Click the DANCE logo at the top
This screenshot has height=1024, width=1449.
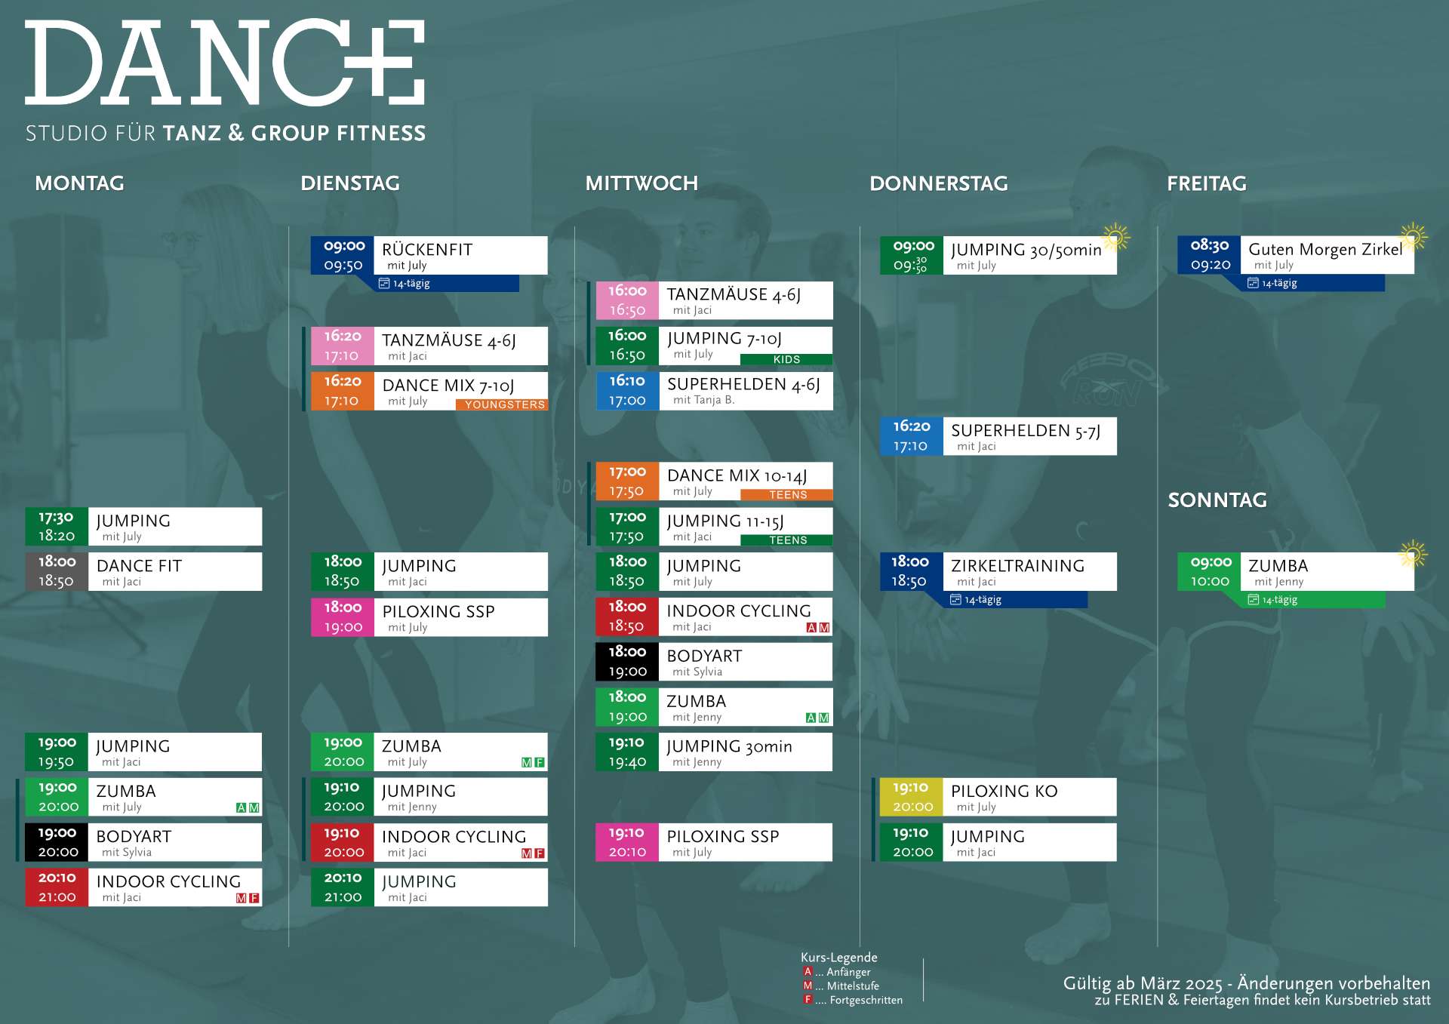[225, 62]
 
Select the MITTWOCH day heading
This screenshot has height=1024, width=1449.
[641, 183]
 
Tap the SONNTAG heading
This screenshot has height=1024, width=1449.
[1217, 500]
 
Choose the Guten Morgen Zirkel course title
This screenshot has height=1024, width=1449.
[1325, 249]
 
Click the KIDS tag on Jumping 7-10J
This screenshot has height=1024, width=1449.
[786, 359]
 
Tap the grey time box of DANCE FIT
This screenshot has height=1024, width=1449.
[57, 571]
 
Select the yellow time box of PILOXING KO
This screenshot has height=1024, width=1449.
[911, 797]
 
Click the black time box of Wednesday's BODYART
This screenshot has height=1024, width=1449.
[627, 662]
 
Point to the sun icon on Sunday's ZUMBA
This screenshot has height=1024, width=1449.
[1413, 555]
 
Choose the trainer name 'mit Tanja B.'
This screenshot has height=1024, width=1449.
[703, 400]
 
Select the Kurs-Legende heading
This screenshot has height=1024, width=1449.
[838, 958]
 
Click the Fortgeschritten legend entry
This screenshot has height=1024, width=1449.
[853, 1000]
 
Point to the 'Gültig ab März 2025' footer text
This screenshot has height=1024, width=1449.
[1143, 984]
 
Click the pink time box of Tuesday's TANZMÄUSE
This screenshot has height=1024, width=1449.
[343, 346]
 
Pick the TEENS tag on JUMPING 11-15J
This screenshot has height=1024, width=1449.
[787, 540]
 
